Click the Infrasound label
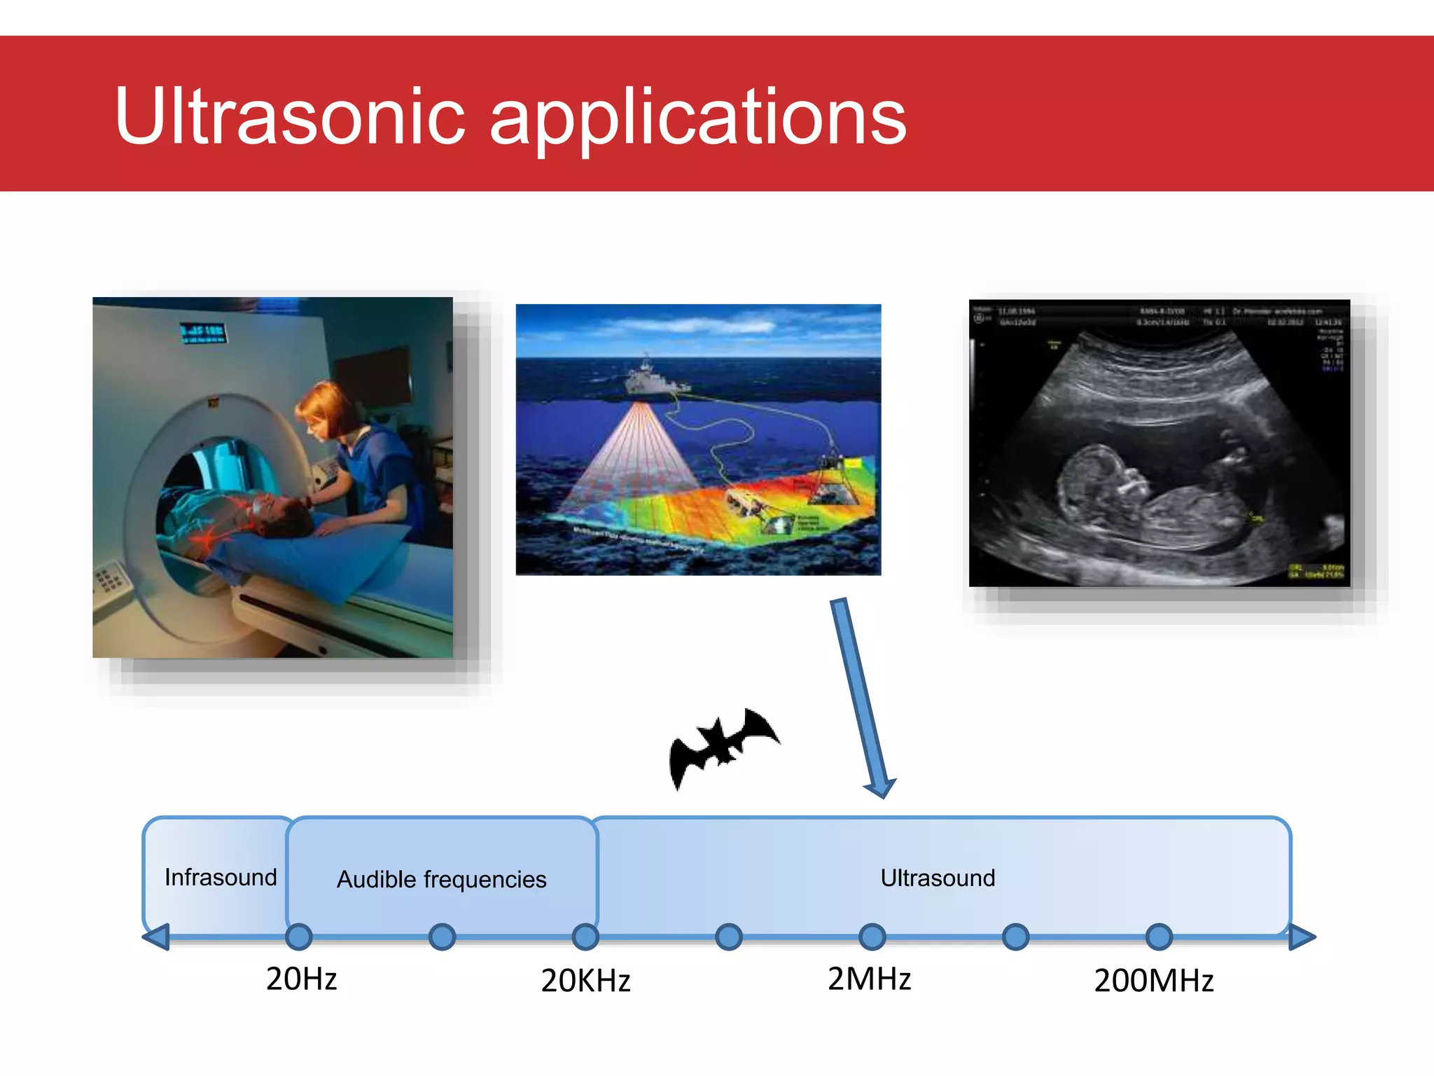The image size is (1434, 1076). point(221,877)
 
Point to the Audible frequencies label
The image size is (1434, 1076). point(441,879)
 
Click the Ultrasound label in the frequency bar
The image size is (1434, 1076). point(938,878)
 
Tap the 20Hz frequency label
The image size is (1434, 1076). point(301,979)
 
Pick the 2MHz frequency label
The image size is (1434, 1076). point(869,979)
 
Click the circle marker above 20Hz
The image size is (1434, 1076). point(299,937)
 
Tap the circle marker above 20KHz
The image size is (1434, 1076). point(585,937)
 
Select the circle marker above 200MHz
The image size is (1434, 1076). point(1159,937)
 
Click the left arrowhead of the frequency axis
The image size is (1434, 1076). point(157,937)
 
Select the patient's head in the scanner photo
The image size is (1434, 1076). point(284,515)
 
